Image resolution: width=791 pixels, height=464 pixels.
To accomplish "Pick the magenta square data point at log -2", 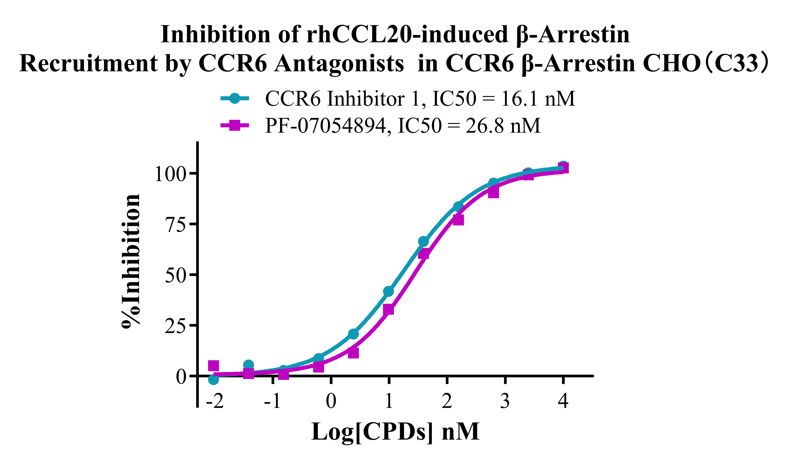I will pos(213,366).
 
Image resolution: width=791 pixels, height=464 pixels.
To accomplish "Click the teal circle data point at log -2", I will pos(213,379).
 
